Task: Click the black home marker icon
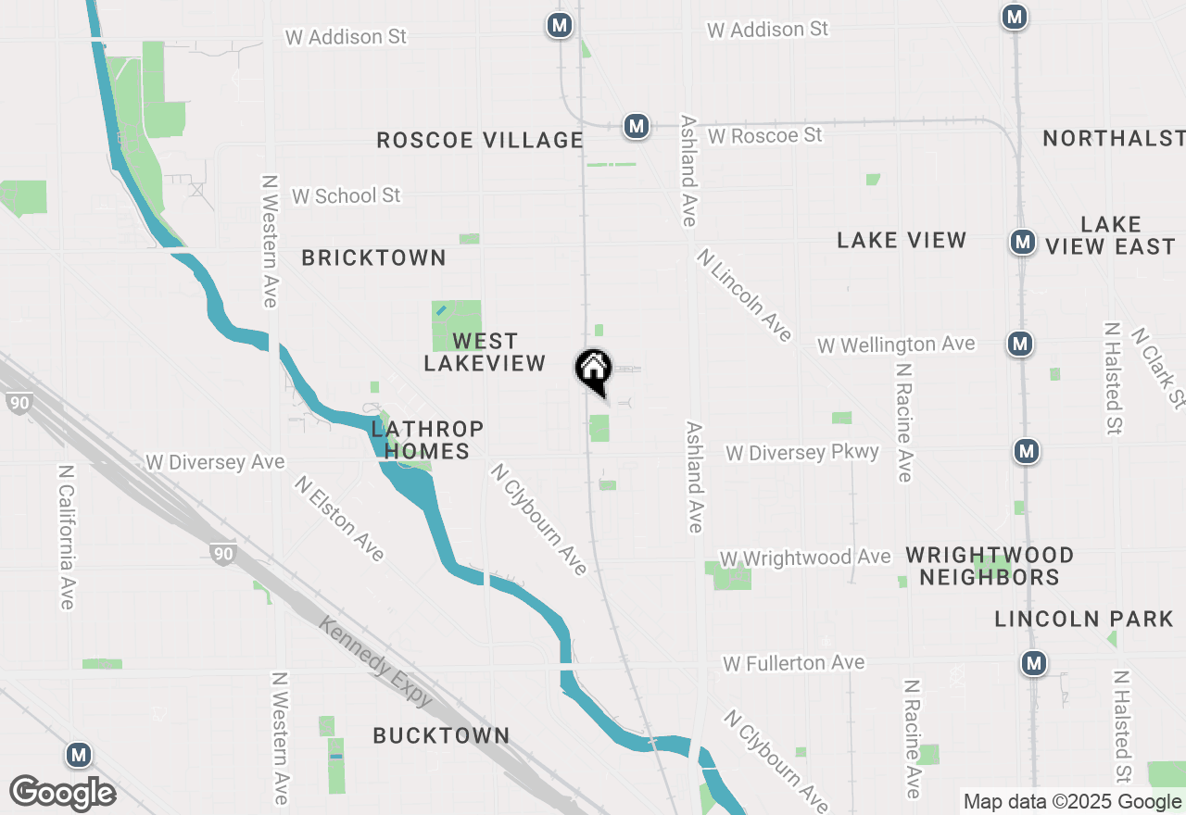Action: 593,370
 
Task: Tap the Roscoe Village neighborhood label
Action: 479,140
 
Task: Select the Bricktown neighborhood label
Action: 373,257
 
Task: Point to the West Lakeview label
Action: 485,353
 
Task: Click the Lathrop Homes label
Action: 427,440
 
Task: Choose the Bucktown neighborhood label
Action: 441,735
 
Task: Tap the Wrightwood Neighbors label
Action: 990,566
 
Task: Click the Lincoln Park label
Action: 1084,619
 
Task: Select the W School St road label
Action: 347,196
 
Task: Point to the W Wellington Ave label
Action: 896,345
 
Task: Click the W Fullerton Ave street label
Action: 794,663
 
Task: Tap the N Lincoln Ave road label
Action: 744,295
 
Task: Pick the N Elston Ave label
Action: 339,519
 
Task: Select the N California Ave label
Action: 66,537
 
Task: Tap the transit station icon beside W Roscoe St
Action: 636,126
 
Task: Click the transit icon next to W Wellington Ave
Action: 1020,344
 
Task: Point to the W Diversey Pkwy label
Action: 802,453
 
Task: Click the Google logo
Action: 62,793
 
